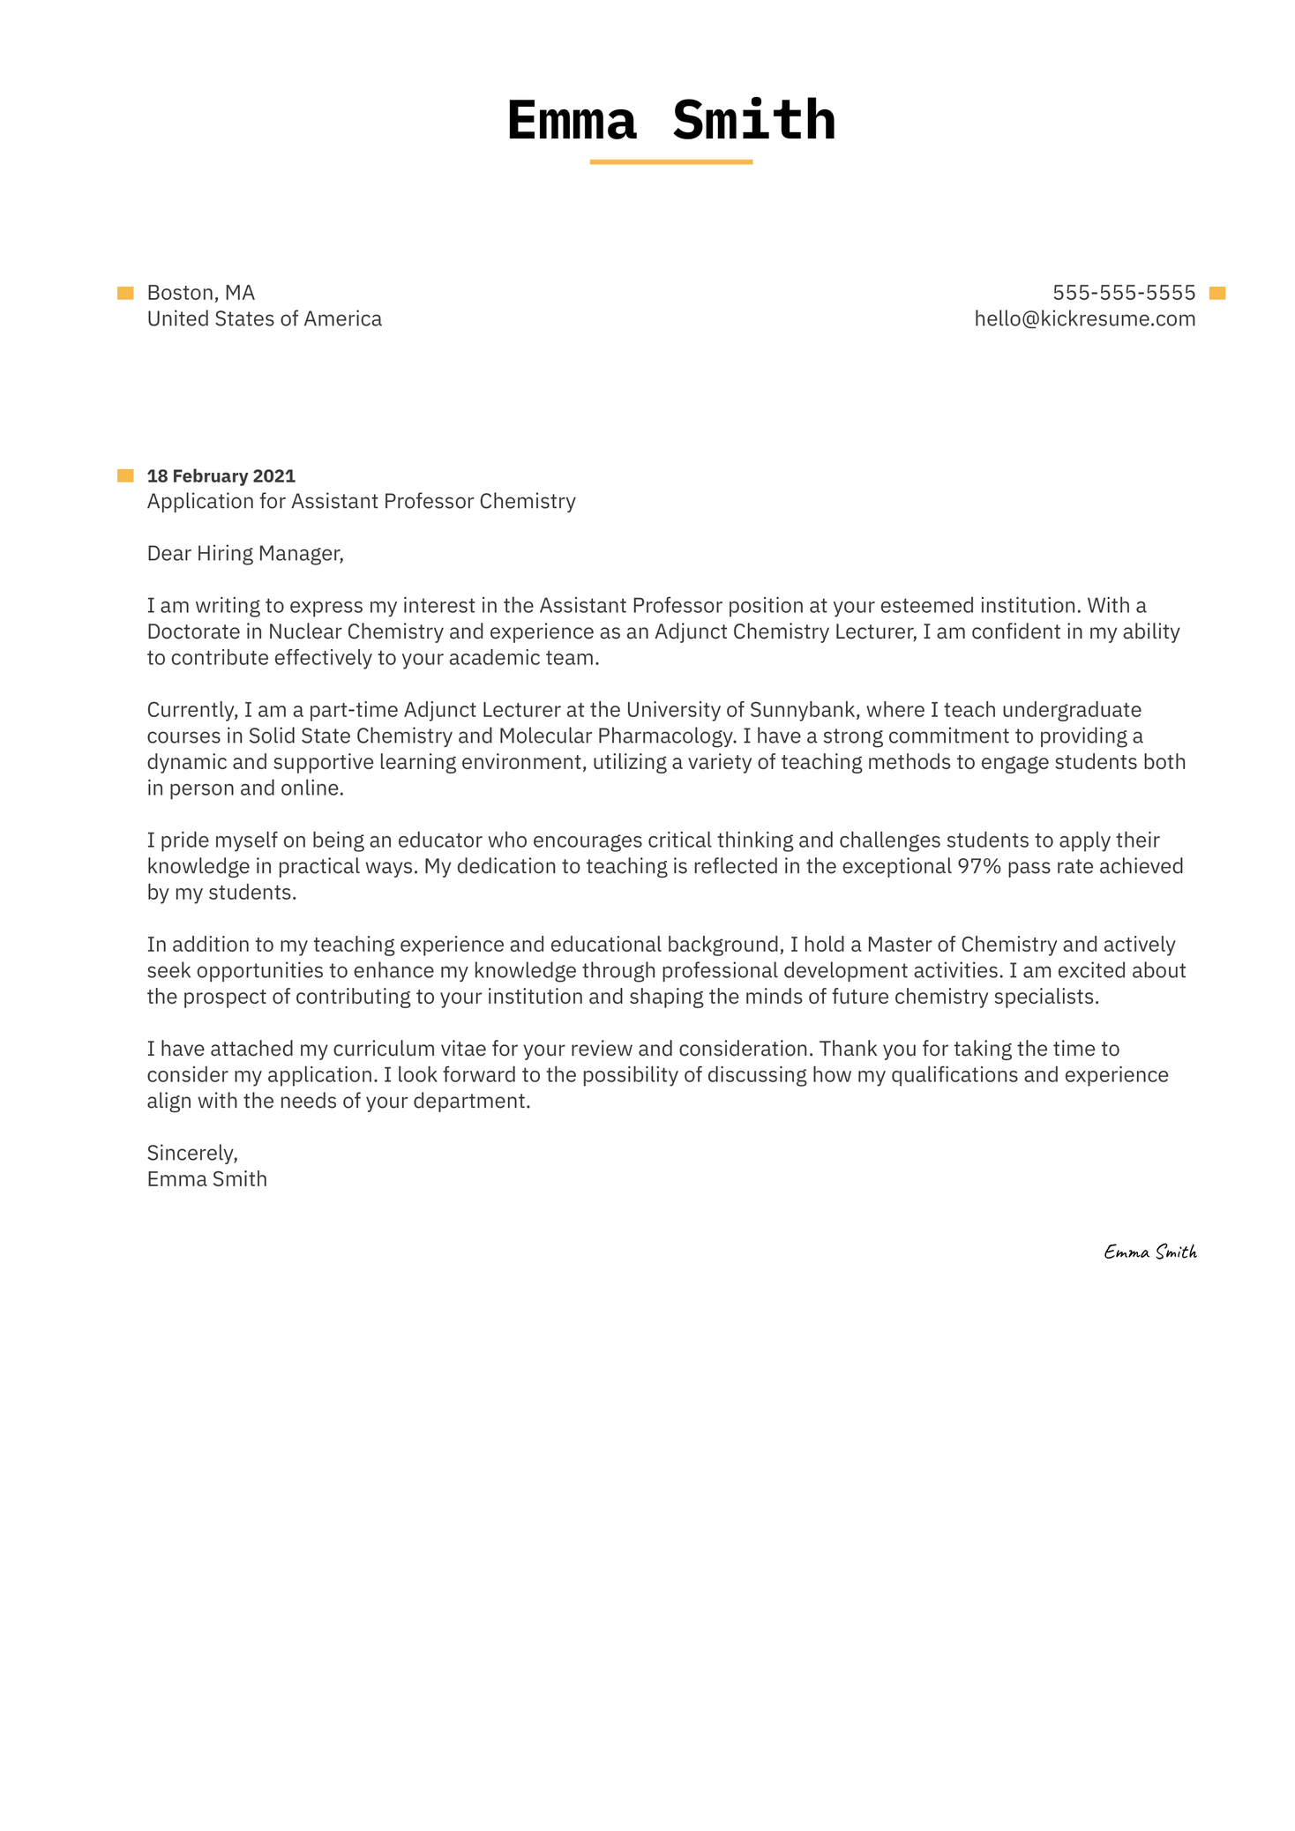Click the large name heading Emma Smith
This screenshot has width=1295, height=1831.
(x=670, y=121)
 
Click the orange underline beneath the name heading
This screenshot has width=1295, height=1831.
(x=670, y=162)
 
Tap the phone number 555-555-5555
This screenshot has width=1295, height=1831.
(x=1123, y=293)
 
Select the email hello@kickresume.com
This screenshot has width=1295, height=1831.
(x=1084, y=319)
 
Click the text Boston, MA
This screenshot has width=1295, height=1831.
(x=200, y=293)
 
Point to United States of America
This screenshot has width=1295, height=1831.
(x=264, y=319)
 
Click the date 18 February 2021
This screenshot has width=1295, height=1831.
(x=221, y=476)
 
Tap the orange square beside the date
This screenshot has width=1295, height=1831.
(x=125, y=476)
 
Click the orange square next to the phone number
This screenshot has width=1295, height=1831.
(x=1217, y=294)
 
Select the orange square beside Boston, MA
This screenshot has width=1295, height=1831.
(x=125, y=294)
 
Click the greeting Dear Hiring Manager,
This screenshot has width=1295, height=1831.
(x=244, y=554)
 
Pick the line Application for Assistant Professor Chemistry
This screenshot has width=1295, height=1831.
(x=361, y=502)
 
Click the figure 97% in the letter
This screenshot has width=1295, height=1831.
(x=979, y=867)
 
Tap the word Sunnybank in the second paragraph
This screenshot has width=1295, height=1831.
(x=802, y=710)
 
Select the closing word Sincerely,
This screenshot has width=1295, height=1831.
(x=192, y=1154)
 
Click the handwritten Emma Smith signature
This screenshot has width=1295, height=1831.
(x=1149, y=1252)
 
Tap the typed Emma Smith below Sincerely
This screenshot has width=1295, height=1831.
(x=206, y=1180)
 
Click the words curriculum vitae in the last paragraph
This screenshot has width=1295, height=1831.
(x=409, y=1050)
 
